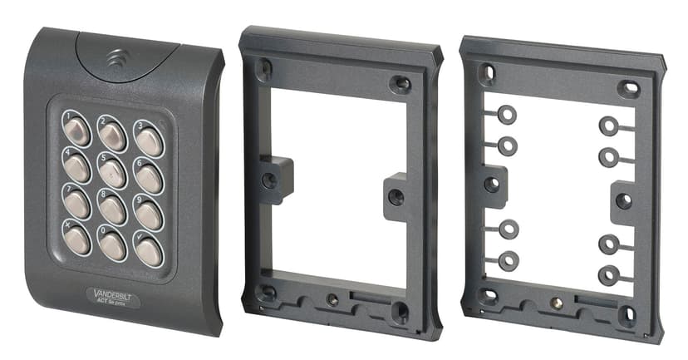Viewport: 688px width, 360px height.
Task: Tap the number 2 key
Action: click(x=112, y=132)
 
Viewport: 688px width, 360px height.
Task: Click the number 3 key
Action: click(x=149, y=141)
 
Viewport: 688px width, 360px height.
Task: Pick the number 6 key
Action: click(x=149, y=177)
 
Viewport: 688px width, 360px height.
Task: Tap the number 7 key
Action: click(x=77, y=203)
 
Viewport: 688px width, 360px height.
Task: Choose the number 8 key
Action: click(x=112, y=209)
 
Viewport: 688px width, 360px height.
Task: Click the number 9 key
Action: click(x=149, y=214)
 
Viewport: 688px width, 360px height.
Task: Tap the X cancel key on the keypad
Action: click(x=77, y=239)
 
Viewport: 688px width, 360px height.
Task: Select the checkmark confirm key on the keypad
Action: click(x=149, y=250)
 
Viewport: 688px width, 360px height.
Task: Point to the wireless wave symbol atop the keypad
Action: click(x=114, y=61)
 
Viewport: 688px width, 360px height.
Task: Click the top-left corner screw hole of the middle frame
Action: click(x=265, y=67)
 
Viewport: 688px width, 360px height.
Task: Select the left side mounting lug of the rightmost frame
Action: click(x=493, y=183)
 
